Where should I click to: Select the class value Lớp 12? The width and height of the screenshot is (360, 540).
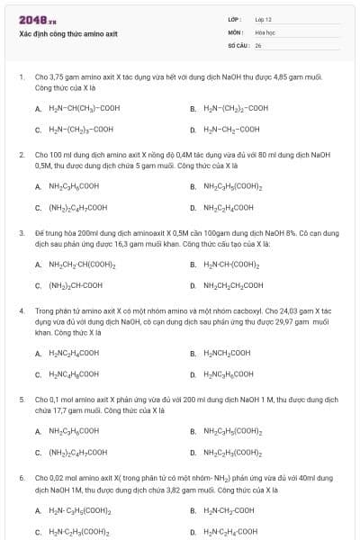tap(263, 19)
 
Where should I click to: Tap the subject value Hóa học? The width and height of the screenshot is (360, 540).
tap(265, 31)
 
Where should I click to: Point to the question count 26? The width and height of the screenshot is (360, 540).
tap(258, 44)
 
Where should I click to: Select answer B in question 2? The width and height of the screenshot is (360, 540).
tap(232, 186)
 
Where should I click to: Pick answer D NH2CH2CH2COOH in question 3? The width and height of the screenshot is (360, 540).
tap(233, 285)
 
